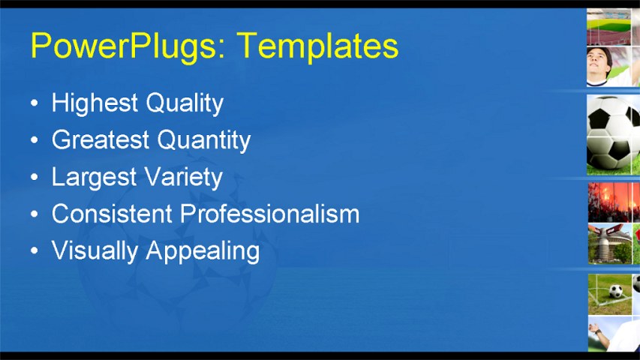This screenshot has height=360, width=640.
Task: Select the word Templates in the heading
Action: [x=317, y=46]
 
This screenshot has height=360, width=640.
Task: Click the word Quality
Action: [x=185, y=103]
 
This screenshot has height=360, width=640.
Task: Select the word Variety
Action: [x=184, y=177]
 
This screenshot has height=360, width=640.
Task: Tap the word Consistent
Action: [x=112, y=214]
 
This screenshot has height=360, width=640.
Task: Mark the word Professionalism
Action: [x=270, y=214]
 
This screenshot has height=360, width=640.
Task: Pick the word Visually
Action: [x=95, y=250]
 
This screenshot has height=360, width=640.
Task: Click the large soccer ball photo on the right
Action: [x=612, y=133]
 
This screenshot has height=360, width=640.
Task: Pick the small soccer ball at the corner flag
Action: [x=615, y=291]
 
